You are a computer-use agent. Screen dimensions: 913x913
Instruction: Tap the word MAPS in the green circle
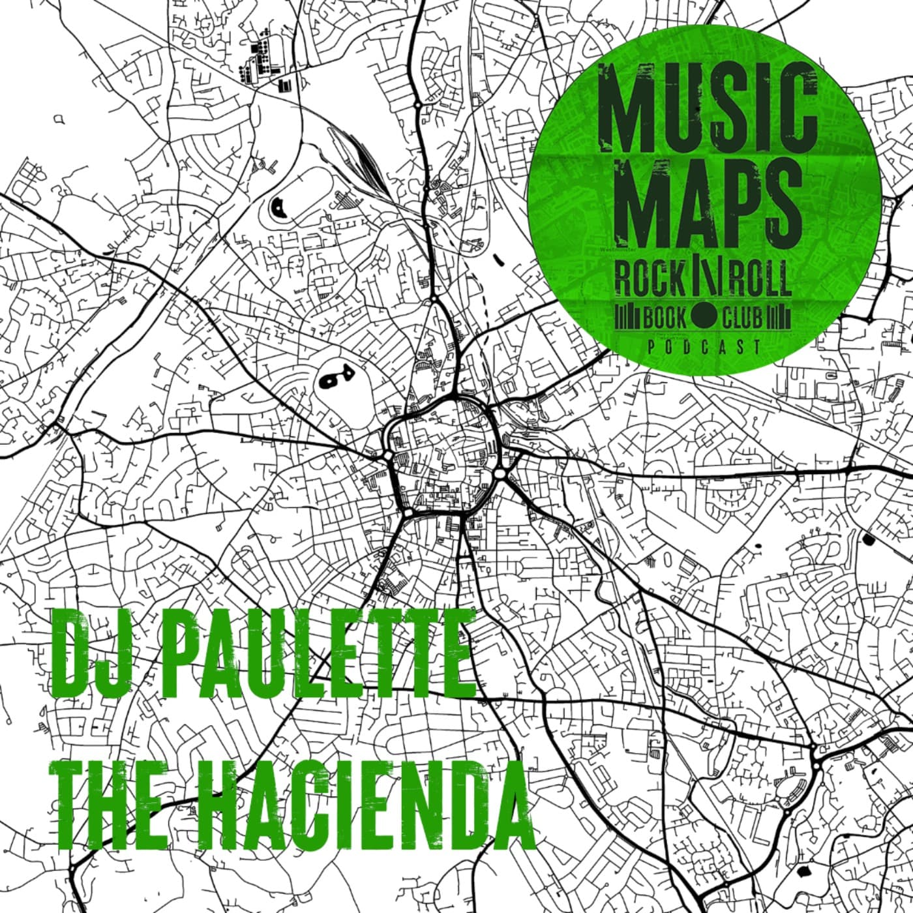coord(708,203)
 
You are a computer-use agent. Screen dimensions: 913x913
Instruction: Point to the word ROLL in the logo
coord(760,279)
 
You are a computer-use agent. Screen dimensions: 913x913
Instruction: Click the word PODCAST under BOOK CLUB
coord(704,346)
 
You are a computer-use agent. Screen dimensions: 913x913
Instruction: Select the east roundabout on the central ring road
coord(500,472)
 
